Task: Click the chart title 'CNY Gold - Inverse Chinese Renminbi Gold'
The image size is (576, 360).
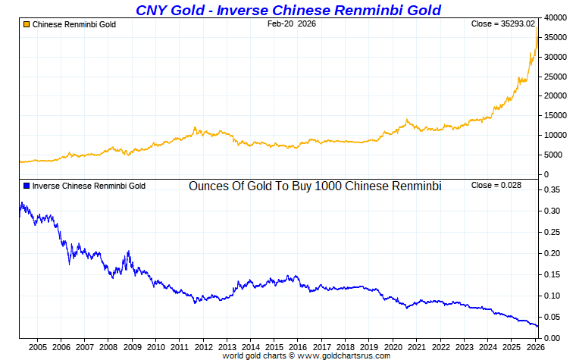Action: [288, 10]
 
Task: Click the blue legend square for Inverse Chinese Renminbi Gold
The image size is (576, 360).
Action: [27, 186]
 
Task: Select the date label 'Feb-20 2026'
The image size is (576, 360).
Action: [292, 24]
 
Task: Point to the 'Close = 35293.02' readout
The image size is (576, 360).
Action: [503, 24]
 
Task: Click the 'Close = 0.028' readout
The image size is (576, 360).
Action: [496, 186]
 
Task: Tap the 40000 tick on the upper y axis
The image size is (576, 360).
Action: [556, 17]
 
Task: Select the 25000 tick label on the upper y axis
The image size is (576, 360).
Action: [556, 77]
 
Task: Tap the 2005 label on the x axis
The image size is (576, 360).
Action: [38, 347]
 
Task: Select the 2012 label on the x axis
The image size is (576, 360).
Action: [203, 347]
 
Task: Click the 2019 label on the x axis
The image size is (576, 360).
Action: [369, 347]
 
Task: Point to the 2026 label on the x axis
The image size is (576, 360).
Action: [534, 347]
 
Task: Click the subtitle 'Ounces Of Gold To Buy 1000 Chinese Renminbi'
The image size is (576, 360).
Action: [315, 186]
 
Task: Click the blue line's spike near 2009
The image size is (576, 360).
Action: [129, 252]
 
